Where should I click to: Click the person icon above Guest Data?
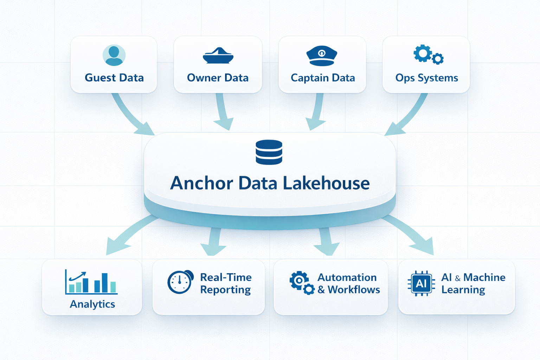(x=114, y=55)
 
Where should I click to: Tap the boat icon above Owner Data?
(x=218, y=56)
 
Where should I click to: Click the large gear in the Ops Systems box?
(x=423, y=53)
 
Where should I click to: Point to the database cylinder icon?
(x=269, y=152)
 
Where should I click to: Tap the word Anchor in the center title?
(x=201, y=183)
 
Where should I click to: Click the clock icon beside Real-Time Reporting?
(x=180, y=282)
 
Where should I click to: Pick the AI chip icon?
(x=421, y=283)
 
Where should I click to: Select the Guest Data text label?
(x=114, y=78)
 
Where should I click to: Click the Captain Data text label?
(x=323, y=78)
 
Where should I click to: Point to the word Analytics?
(x=92, y=304)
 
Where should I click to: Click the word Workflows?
(x=354, y=290)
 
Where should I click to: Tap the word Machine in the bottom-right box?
(x=484, y=277)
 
